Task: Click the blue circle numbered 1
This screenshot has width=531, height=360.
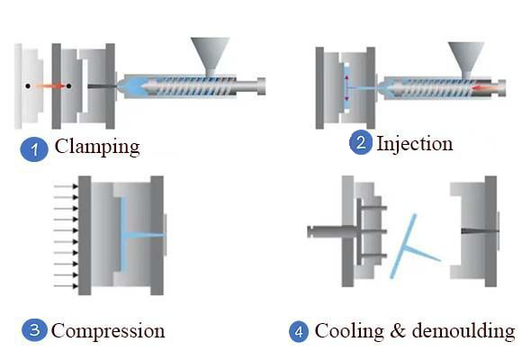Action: (34, 149)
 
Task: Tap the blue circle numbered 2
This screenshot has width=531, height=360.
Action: (361, 142)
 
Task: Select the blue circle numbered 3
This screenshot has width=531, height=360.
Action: (34, 330)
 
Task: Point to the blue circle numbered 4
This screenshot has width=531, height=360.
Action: (299, 331)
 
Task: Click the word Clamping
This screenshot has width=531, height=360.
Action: (97, 147)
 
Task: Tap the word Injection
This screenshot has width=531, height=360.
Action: (415, 144)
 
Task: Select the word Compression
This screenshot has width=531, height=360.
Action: (108, 331)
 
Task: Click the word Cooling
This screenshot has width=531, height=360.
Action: (349, 331)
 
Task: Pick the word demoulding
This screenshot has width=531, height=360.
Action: (463, 330)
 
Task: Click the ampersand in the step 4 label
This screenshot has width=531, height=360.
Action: (398, 331)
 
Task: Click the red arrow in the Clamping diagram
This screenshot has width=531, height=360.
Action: (49, 86)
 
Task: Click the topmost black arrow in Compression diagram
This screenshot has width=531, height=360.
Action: (66, 186)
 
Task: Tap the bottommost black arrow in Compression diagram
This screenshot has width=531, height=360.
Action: (66, 286)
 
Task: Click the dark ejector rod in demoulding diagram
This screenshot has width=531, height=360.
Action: (332, 231)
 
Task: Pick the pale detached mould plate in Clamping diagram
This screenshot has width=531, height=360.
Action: (29, 86)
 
